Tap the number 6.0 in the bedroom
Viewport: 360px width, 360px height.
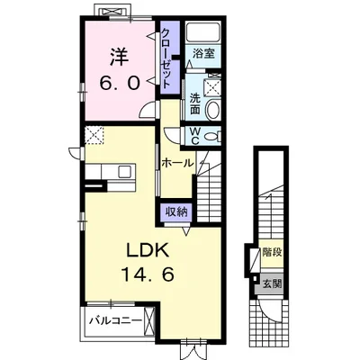pos(120,83)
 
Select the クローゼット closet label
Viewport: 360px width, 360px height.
pos(166,58)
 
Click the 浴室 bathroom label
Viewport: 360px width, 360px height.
pos(203,54)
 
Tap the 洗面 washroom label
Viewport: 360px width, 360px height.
pos(194,103)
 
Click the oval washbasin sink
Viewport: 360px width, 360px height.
pos(213,109)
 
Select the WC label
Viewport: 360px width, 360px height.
pos(195,136)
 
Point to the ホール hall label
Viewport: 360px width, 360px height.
pos(176,163)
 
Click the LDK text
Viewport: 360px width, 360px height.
pos(148,251)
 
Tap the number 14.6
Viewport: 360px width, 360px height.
pos(148,274)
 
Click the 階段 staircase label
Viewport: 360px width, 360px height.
pos(272,252)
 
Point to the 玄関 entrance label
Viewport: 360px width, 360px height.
pos(272,283)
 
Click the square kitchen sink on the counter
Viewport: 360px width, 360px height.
pos(125,171)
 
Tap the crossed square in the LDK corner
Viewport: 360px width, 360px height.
pos(94,136)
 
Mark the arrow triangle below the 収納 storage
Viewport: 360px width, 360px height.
pos(186,230)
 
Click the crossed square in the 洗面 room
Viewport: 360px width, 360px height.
pos(213,87)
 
